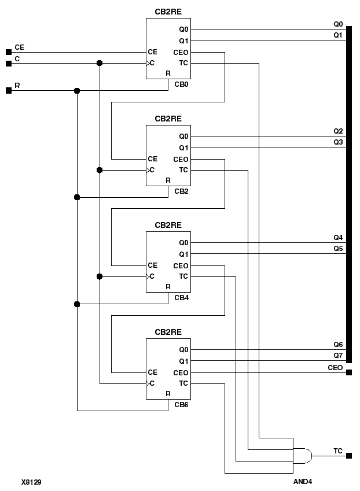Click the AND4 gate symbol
[303, 456]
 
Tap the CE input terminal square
[8, 52]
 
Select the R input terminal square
[8, 91]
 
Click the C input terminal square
[8, 63]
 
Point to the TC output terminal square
[349, 456]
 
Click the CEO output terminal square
[349, 372]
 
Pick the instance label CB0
[182, 84]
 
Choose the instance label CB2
[182, 191]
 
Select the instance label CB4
[182, 297]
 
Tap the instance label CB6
[182, 404]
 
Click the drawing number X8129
[31, 481]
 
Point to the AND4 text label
[303, 481]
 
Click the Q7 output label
[338, 355]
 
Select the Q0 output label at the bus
[338, 24]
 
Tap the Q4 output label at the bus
[338, 237]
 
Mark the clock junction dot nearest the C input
[100, 63]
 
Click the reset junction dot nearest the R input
[77, 91]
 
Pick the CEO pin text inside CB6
[181, 373]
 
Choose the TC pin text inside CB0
[183, 63]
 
